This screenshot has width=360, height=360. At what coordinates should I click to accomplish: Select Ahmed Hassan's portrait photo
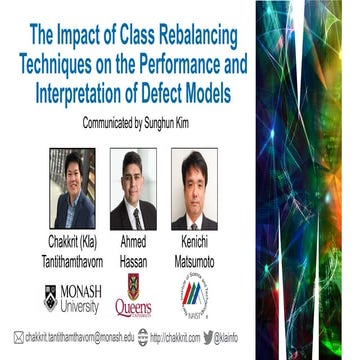[133, 189]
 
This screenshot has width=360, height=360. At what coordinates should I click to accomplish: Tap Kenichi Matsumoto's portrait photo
[194, 189]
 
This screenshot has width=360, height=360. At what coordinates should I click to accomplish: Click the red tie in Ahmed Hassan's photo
[135, 218]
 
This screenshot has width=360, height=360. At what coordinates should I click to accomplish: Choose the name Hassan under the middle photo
[133, 259]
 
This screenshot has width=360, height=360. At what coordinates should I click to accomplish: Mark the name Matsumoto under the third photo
[193, 259]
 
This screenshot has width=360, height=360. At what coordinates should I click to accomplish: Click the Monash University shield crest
[51, 297]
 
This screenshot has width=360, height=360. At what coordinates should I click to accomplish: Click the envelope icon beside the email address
[18, 337]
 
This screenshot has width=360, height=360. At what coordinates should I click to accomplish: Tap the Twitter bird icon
[208, 337]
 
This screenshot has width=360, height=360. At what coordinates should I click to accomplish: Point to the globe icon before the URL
[143, 337]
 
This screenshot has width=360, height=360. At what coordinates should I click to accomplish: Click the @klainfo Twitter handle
[229, 338]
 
